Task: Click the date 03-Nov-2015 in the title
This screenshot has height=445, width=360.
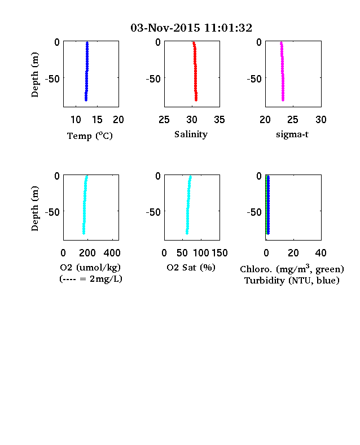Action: coord(165,28)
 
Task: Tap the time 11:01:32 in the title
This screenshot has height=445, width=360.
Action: coord(228,28)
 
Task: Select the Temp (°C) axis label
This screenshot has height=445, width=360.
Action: coord(90,136)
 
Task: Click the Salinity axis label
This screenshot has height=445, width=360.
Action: coord(191,134)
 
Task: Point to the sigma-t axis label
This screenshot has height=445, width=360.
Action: coord(292,134)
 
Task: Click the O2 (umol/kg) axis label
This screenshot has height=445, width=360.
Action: coord(90,267)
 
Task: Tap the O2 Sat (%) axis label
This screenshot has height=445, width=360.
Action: coord(191,267)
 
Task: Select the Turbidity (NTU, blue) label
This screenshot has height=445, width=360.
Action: coord(292,281)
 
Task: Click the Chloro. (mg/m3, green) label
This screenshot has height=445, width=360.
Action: coord(292,269)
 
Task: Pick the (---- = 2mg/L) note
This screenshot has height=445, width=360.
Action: coord(91,279)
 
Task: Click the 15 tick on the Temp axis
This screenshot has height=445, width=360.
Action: coord(97,120)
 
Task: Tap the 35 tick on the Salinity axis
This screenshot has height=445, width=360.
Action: coord(219,120)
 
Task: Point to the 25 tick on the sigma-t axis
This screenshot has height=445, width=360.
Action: coord(292,120)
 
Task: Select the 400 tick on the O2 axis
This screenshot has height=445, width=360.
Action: coord(112,253)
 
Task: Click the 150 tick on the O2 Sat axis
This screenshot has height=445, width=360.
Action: coord(219,253)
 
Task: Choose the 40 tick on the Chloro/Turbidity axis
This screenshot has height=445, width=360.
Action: coord(321,253)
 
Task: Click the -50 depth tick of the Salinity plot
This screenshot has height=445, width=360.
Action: coord(153,78)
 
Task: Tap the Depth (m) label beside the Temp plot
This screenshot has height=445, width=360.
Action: coord(34,75)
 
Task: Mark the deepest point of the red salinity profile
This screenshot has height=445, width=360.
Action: coord(196,100)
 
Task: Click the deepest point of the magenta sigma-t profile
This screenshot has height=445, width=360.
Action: coord(283,100)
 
